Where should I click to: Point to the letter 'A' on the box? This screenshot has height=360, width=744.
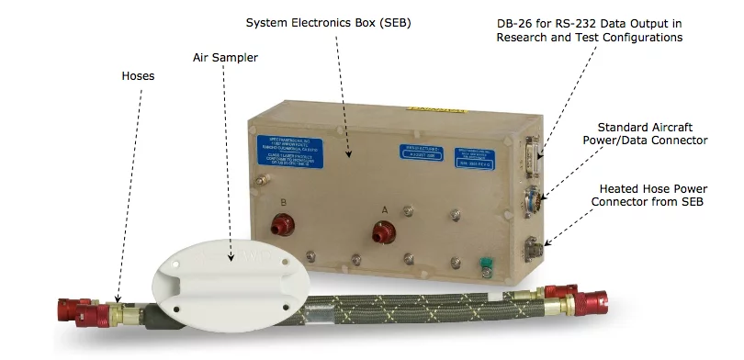pyautogui.click(x=384, y=210)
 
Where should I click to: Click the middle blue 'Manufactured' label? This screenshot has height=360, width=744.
pyautogui.click(x=420, y=152)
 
